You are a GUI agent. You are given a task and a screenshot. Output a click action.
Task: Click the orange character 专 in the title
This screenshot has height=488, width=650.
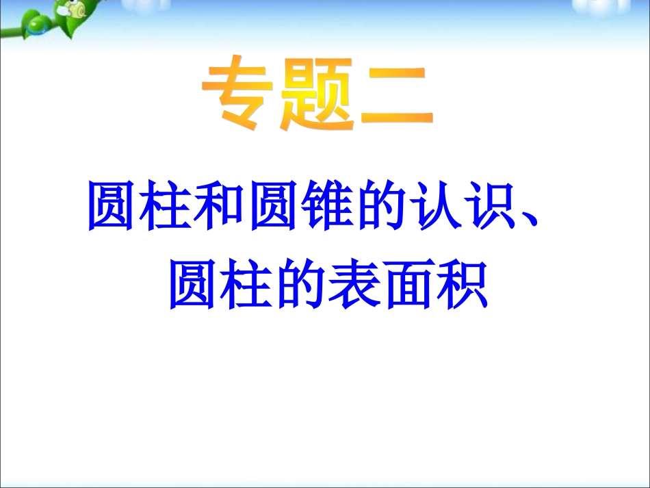[238, 92]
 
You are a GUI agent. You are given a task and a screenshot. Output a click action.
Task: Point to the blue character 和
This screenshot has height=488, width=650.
[218, 205]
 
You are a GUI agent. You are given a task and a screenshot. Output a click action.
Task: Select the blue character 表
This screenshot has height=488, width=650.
[355, 284]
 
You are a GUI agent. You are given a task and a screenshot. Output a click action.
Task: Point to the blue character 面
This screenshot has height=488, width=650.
[408, 285]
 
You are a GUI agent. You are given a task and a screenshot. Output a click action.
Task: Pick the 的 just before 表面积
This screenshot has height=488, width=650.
[300, 284]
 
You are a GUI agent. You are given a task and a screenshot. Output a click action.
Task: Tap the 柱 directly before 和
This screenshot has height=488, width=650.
[165, 205]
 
